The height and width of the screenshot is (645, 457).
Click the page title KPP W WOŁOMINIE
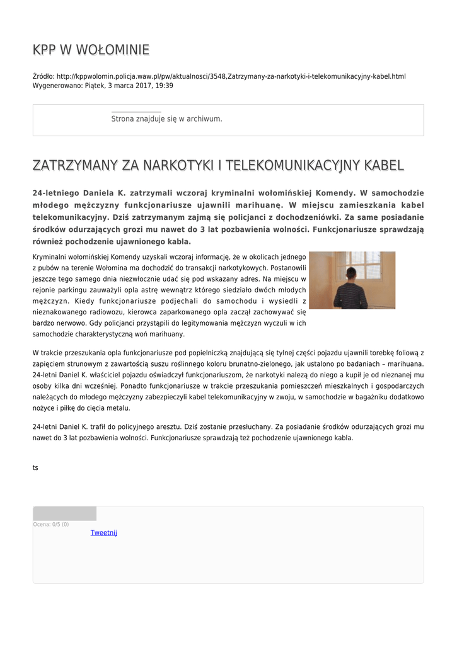coord(91,50)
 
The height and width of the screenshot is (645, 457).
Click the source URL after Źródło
coord(231,76)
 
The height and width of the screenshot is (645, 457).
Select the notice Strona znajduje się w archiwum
coord(166,118)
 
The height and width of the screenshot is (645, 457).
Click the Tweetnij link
coord(103,532)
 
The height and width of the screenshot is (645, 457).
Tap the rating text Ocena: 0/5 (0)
coord(51,524)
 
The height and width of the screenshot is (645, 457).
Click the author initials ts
coord(35,467)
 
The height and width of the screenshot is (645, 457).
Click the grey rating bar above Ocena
coord(64,513)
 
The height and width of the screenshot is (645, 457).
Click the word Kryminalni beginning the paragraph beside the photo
coord(52,257)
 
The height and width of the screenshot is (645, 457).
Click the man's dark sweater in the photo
coord(350,296)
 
